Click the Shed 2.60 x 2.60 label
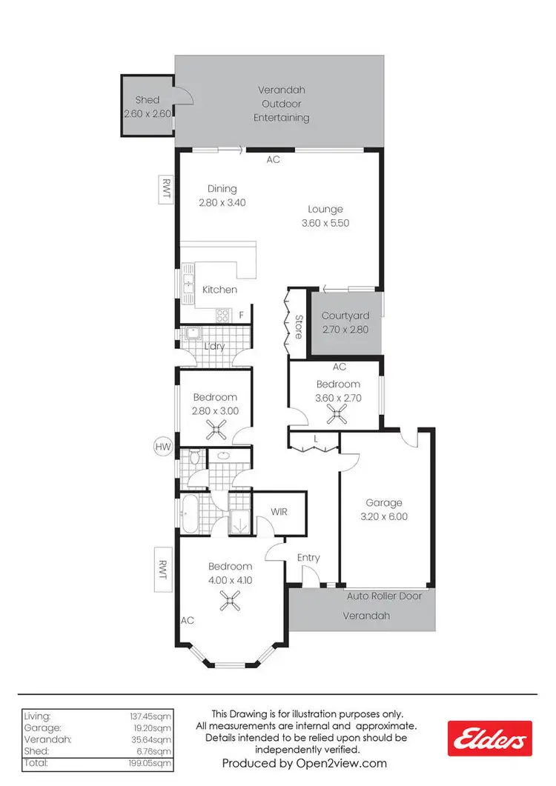tap(147, 107)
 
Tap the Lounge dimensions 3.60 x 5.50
tap(325, 222)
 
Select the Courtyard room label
tap(345, 316)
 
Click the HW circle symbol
tap(162, 447)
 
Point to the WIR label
tap(279, 512)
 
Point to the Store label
tap(299, 326)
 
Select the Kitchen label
tap(219, 290)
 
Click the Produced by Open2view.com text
tap(305, 763)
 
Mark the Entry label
tap(308, 557)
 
